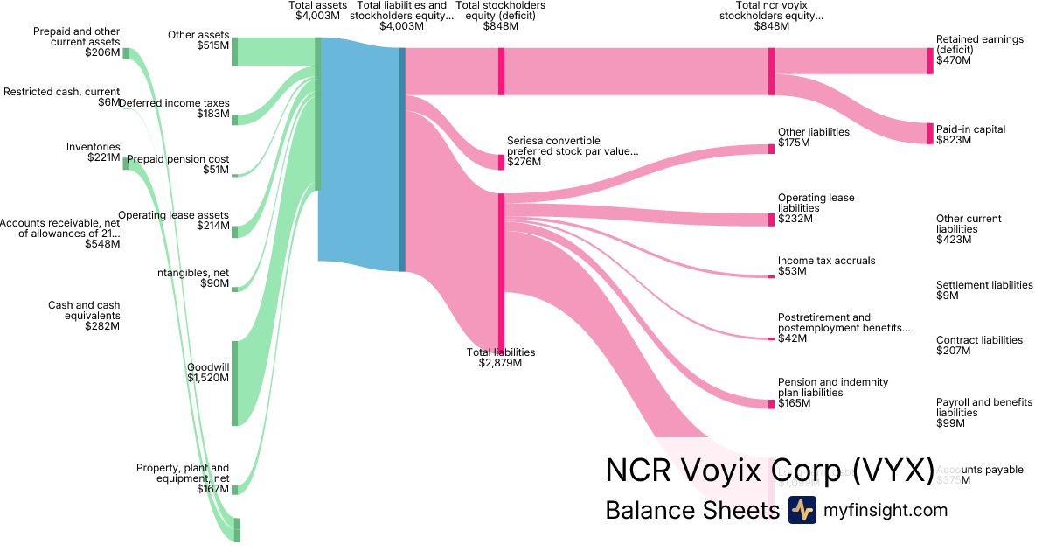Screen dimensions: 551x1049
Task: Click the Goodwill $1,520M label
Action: pos(208,373)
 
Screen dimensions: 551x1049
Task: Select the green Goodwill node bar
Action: pos(234,383)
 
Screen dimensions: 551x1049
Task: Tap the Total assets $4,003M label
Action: pos(318,10)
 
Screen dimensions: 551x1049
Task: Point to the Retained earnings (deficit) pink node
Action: pos(930,61)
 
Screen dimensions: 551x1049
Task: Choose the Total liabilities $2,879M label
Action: pos(501,358)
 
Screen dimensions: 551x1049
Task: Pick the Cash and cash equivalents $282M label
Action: pos(84,316)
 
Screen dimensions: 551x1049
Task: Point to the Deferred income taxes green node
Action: pos(234,118)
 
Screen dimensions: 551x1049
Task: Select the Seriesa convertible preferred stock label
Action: pos(572,150)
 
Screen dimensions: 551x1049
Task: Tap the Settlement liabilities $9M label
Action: pos(984,290)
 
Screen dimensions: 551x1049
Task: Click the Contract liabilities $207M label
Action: pos(979,345)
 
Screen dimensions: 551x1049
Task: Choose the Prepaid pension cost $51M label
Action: pos(178,164)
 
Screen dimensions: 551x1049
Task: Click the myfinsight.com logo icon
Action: pos(802,510)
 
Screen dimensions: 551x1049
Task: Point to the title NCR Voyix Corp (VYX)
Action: pos(769,470)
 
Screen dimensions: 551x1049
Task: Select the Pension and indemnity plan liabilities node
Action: pos(771,404)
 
